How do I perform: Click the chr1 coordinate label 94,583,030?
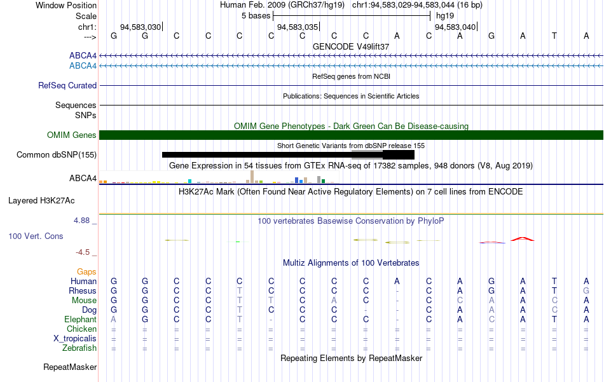click(x=141, y=27)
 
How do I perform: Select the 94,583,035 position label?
click(x=298, y=27)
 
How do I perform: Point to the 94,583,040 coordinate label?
click(x=455, y=27)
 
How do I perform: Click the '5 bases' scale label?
click(x=256, y=16)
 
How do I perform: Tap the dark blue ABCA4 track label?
click(x=83, y=55)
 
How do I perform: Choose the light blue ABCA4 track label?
click(x=83, y=66)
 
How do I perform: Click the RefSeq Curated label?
click(x=67, y=85)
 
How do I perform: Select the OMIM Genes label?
click(x=72, y=135)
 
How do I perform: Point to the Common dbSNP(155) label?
click(x=57, y=155)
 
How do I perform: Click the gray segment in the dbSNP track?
click(x=367, y=155)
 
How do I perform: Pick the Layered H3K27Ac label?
click(x=41, y=201)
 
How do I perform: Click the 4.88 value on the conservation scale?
click(x=81, y=221)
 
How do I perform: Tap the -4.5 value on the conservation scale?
click(x=83, y=252)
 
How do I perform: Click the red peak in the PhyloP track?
click(x=523, y=239)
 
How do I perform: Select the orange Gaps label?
click(x=86, y=272)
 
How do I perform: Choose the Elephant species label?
click(x=81, y=320)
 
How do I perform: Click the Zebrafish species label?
click(x=79, y=348)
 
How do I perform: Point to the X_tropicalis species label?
click(x=75, y=339)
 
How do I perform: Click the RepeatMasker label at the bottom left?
click(x=70, y=367)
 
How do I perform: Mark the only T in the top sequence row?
click(x=554, y=36)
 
